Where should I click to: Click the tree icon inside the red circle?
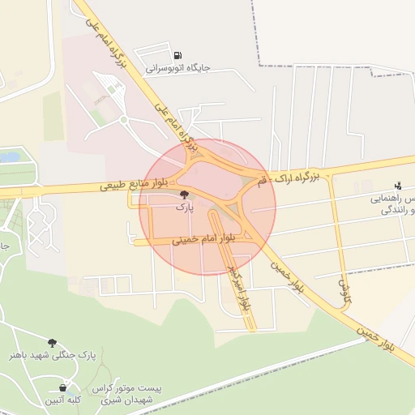[x=184, y=195]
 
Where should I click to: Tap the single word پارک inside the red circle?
[x=185, y=207]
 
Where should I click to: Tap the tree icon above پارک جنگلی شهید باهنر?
[x=53, y=343]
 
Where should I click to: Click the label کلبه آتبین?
[x=62, y=400]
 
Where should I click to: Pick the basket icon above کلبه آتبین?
[x=62, y=388]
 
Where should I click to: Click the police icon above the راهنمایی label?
[x=397, y=186]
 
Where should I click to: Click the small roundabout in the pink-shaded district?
[x=124, y=120]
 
